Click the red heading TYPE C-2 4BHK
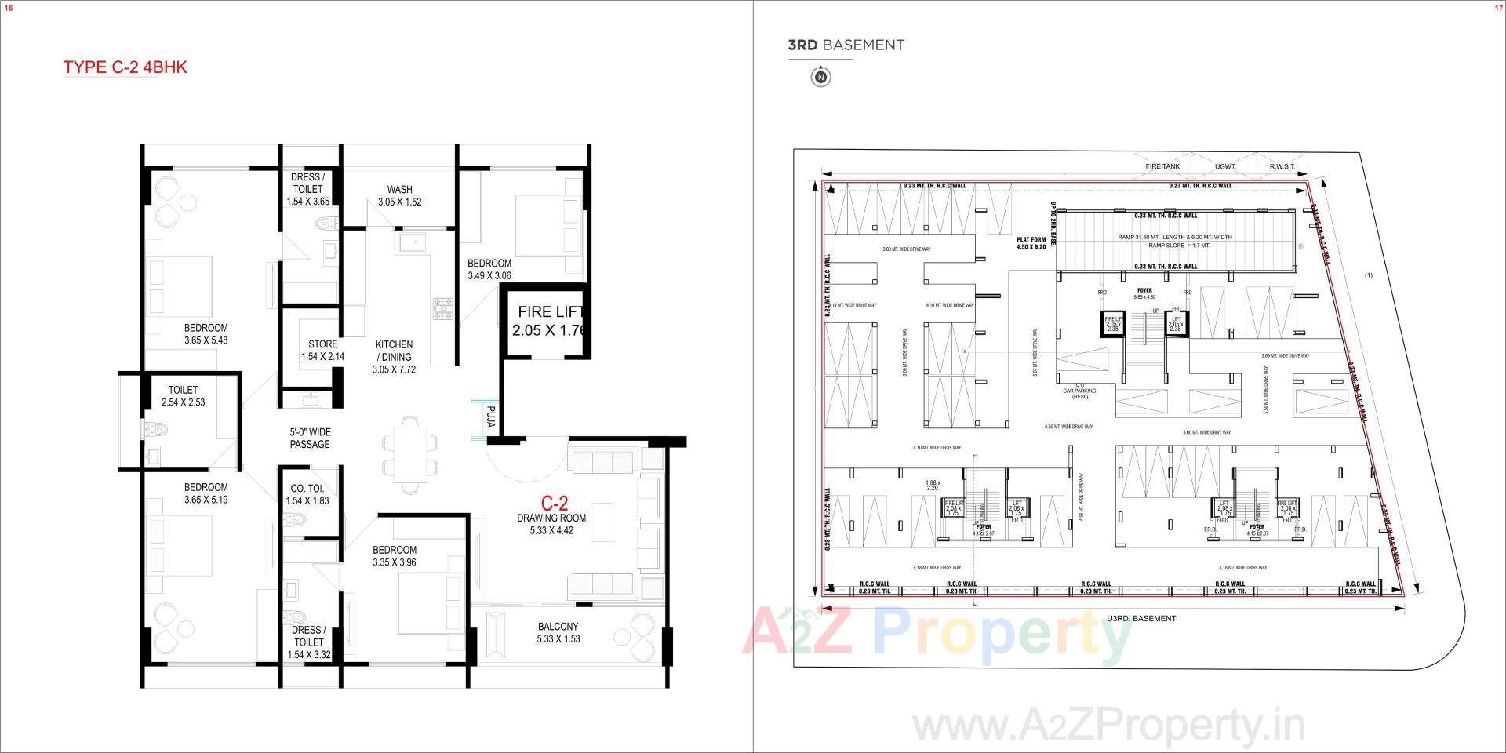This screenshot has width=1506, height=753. pyautogui.click(x=125, y=67)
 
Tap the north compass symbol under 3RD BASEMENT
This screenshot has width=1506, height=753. pyautogui.click(x=820, y=77)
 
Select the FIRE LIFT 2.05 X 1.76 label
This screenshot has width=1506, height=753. pyautogui.click(x=550, y=321)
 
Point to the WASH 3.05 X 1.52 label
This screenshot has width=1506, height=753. pyautogui.click(x=399, y=195)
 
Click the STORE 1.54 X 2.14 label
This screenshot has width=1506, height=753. pyautogui.click(x=322, y=351)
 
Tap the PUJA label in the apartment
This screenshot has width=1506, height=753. pyautogui.click(x=490, y=417)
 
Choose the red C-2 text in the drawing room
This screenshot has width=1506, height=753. pyautogui.click(x=554, y=503)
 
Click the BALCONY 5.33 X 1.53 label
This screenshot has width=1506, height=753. pyautogui.click(x=558, y=632)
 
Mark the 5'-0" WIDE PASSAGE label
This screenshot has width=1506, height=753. pyautogui.click(x=310, y=438)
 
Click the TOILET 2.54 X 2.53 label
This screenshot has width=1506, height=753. pyautogui.click(x=183, y=396)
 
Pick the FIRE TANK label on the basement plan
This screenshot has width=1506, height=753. pyautogui.click(x=1162, y=166)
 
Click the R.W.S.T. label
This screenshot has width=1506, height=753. pyautogui.click(x=1282, y=166)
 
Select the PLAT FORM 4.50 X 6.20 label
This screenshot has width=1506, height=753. pyautogui.click(x=1031, y=243)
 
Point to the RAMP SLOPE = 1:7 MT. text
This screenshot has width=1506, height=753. pyautogui.click(x=1179, y=246)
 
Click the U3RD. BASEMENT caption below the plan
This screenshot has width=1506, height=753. pyautogui.click(x=1141, y=619)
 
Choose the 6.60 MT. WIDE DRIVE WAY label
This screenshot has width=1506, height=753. pyautogui.click(x=1068, y=427)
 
